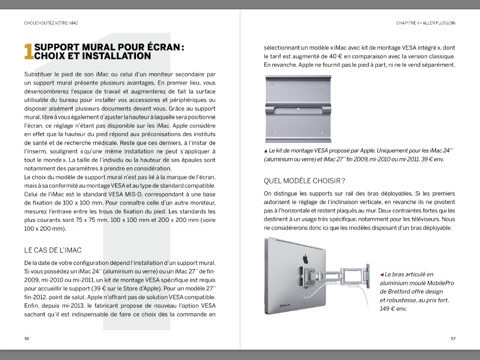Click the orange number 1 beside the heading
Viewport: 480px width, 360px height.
pos(28,52)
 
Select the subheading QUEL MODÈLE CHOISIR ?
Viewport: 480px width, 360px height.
pos(304,180)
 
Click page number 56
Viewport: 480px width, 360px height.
pos(27,338)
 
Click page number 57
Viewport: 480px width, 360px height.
pos(453,338)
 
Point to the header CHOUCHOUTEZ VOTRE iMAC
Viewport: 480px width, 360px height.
pos(51,22)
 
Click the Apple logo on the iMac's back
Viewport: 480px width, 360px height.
pos(305,258)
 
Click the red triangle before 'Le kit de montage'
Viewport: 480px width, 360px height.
pos(266,151)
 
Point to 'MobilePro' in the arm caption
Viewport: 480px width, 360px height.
pos(438,283)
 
